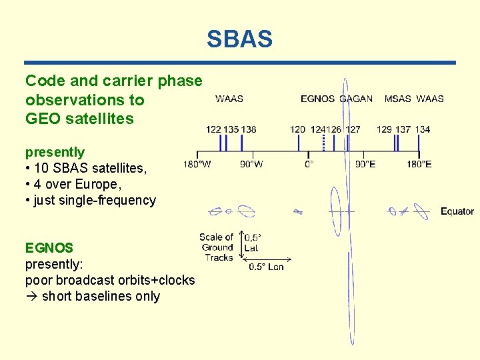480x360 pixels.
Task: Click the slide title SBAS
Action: [x=239, y=39]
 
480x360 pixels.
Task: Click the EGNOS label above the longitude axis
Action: [x=317, y=99]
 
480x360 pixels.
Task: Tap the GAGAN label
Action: [x=356, y=99]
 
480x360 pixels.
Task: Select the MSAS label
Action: [x=398, y=99]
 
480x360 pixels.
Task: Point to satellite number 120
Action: [x=298, y=129]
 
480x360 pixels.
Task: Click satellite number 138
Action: [x=249, y=129]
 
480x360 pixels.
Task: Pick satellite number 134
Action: [x=422, y=129]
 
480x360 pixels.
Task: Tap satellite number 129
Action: [x=385, y=129]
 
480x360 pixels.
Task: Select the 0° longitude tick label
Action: [x=309, y=164]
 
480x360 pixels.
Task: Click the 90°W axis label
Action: [x=251, y=164]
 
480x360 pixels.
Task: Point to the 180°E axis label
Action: [x=419, y=164]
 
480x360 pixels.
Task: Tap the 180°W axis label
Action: [x=197, y=164]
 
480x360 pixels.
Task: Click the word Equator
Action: [x=457, y=211]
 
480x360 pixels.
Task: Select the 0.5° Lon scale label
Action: [x=266, y=267]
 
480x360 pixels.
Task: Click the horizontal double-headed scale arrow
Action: [x=266, y=258]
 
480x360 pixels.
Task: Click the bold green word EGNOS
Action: [x=49, y=248]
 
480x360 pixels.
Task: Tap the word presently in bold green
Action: [x=55, y=152]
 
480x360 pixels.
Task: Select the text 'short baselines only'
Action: [x=100, y=296]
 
